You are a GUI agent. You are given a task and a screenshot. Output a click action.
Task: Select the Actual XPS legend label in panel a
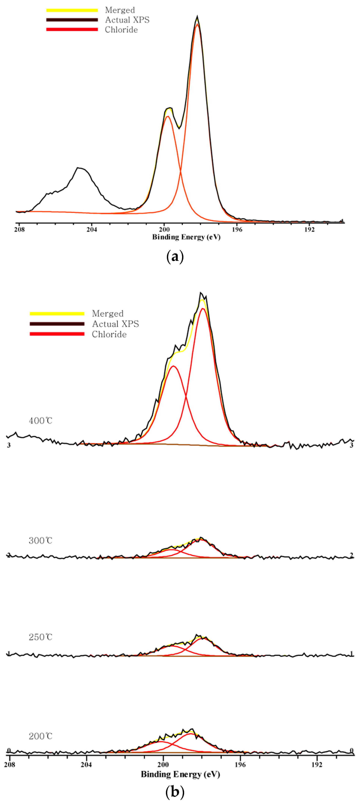point(127,20)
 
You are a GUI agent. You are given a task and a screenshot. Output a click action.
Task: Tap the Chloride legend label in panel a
point(121,30)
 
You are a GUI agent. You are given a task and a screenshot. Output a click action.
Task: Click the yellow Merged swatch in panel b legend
point(57,313)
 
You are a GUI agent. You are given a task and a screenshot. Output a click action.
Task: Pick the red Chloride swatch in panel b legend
point(57,334)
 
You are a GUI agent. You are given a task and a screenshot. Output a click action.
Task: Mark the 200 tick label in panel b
point(163,764)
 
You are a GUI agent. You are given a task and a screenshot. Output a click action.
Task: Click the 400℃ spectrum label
point(41,421)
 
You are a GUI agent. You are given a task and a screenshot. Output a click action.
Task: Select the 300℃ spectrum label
point(41,541)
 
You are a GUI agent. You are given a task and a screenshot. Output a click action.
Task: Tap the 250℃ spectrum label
point(41,637)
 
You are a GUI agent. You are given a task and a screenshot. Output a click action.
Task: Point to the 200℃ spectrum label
point(41,736)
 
